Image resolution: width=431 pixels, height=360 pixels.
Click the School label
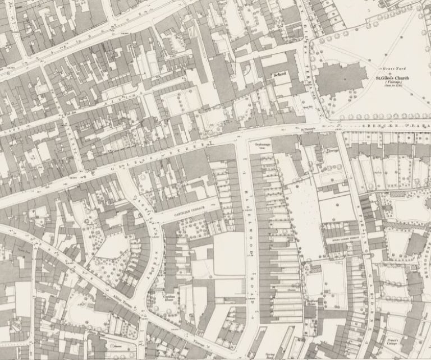click(279, 74)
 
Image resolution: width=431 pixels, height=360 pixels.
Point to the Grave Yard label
click(388, 61)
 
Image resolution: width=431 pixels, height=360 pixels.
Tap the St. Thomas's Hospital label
click(306, 131)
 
